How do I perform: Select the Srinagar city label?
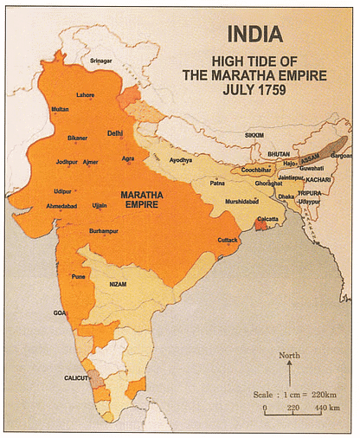tap(102, 63)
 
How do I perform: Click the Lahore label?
tap(86, 93)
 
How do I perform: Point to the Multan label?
tap(60, 109)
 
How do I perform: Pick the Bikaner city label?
tap(78, 138)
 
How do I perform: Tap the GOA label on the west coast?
tap(59, 312)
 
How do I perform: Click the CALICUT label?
tap(76, 377)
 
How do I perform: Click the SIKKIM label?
tap(252, 136)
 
